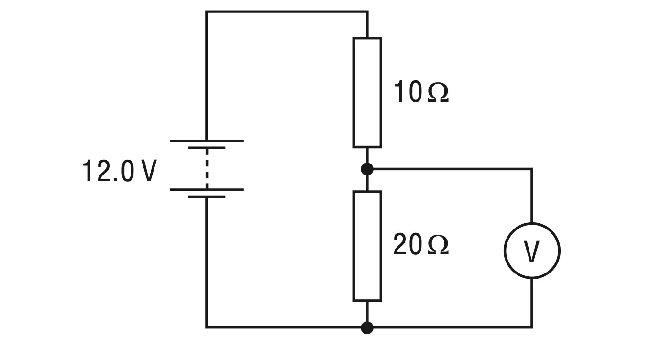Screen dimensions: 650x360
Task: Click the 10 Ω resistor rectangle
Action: (353, 93)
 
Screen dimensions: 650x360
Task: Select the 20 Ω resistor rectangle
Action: (353, 246)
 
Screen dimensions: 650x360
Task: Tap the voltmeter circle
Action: (505, 251)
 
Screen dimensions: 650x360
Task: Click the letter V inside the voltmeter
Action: (531, 251)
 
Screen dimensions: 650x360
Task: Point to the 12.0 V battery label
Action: (119, 171)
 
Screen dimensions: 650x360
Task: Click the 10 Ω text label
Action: (421, 92)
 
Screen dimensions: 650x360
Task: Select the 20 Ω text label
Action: (421, 245)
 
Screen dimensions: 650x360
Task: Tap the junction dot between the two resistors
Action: (367, 169)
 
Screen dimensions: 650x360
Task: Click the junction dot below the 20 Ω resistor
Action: (367, 327)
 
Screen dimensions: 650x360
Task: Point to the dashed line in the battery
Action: (207, 169)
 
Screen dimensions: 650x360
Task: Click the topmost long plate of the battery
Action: (207, 141)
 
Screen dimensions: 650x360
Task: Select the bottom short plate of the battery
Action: (207, 196)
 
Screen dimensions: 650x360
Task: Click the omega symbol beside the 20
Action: (438, 246)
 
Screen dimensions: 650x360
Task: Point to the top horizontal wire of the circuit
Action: (287, 12)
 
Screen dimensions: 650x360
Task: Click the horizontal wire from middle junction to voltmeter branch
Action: (450, 169)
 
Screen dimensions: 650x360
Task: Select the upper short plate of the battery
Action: (207, 148)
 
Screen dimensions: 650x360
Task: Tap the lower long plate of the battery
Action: (207, 190)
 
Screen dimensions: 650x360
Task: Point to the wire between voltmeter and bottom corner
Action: (532, 303)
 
